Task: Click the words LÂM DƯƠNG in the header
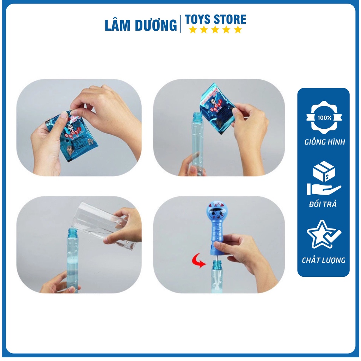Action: [x=141, y=25]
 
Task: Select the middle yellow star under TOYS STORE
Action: [x=215, y=30]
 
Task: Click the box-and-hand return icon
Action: [x=323, y=180]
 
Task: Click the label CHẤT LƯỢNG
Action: [x=323, y=261]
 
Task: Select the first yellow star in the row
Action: [x=192, y=30]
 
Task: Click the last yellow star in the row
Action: [x=238, y=30]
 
